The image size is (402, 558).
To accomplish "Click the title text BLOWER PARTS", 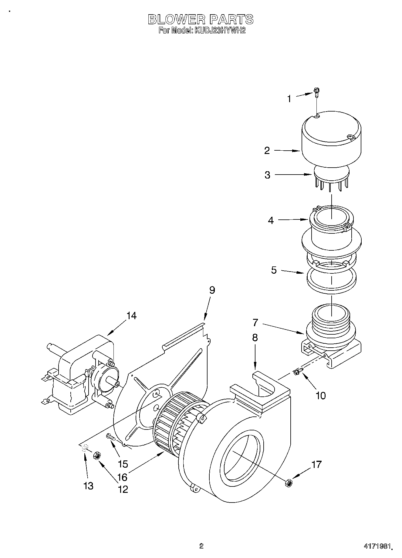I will pos(201,19).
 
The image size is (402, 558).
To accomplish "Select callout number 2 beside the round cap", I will pos(267,151).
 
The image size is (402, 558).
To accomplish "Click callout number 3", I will pos(267,175).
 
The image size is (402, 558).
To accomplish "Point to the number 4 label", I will pos(271,220).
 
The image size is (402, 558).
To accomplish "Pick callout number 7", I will pos(255,322).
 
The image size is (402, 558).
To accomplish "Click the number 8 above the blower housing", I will pos(255,338).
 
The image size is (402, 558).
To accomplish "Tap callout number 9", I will pos(212,290).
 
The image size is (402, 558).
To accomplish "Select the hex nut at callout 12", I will pos(97,455).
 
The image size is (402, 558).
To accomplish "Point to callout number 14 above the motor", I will pos(131,316).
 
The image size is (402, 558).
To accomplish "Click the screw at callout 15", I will pos(110,437).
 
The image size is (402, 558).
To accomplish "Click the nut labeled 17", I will pos(289,483).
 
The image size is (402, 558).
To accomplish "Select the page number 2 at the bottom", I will pos(201,546).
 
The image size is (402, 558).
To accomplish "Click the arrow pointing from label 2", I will pos(287,150).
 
